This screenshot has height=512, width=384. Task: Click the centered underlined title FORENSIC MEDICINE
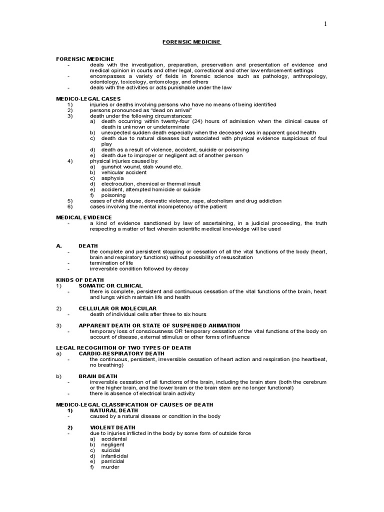(191, 42)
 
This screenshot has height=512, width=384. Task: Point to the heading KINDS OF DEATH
(80, 280)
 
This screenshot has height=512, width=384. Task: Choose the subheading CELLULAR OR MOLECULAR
(117, 308)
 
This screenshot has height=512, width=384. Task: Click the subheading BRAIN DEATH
(98, 376)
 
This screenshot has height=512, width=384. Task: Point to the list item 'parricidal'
(113, 461)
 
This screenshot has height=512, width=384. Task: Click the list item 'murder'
(110, 467)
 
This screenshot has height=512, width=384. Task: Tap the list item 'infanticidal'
(114, 455)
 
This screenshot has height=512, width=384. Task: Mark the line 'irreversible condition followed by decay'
(139, 268)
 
